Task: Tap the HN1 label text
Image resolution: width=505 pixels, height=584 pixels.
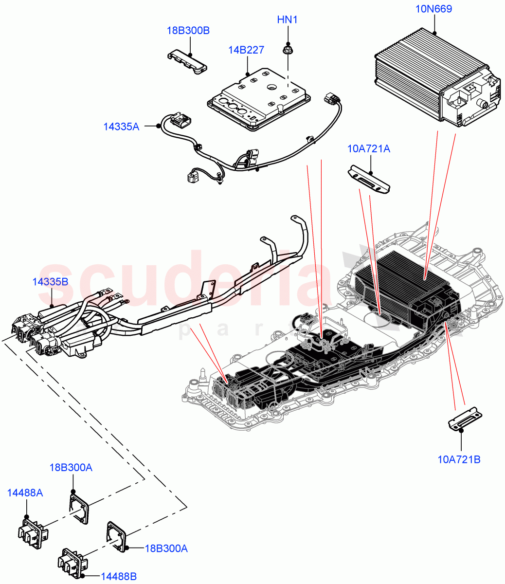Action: point(287,20)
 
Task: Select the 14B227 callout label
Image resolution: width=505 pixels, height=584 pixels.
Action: point(246,50)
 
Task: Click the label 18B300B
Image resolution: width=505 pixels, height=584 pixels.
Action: point(188,31)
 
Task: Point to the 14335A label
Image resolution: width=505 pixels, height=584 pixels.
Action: point(121,127)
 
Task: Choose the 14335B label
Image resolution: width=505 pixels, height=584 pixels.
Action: point(50,282)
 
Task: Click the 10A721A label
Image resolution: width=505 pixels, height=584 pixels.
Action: point(369,149)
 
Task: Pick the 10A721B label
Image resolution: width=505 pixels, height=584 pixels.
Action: point(459,459)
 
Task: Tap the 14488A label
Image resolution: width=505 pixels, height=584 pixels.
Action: point(25,493)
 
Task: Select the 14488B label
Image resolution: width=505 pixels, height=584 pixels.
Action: point(119,577)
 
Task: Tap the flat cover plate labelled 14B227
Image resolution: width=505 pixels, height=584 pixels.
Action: point(258,100)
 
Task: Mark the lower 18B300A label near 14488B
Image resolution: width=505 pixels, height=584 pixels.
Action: point(166,548)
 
